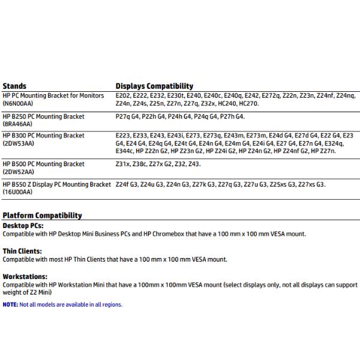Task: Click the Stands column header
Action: (x=14, y=86)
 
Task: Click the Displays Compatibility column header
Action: (x=154, y=86)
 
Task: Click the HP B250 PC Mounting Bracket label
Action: (x=43, y=116)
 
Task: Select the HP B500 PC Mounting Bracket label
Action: (x=43, y=164)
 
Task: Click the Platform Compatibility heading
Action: (x=42, y=215)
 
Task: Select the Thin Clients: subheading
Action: (x=22, y=251)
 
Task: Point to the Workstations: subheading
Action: (x=24, y=277)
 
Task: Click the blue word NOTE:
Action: (x=10, y=305)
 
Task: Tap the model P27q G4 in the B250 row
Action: (x=127, y=116)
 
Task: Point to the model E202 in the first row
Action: (x=123, y=96)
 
